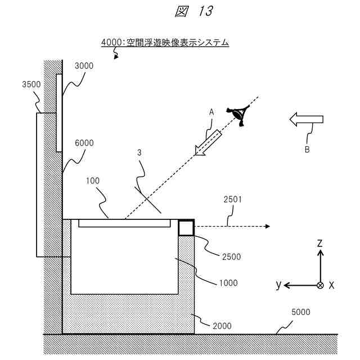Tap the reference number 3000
[84, 66]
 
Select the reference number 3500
[31, 85]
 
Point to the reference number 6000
[84, 143]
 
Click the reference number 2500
[231, 256]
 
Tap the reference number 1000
[227, 283]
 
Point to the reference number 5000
[300, 312]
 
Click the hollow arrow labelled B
[306, 119]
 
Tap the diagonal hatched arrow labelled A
[207, 141]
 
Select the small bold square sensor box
[186, 227]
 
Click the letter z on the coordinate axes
[319, 243]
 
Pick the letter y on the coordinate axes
[278, 285]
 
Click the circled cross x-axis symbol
[320, 285]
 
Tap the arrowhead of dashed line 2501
[267, 226]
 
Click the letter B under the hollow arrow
[307, 150]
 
